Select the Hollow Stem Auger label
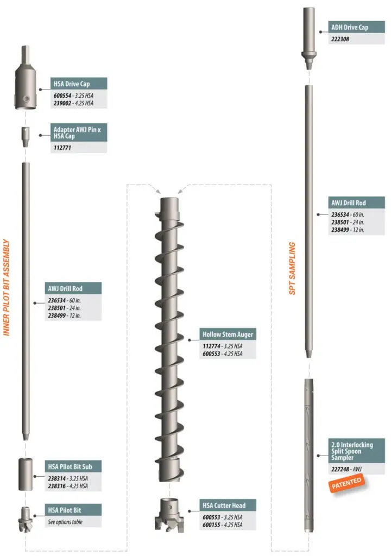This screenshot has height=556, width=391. (228, 334)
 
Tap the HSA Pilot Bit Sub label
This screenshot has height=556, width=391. (73, 466)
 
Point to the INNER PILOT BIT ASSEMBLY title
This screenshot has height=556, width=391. (7, 288)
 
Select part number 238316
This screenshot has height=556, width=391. (58, 486)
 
